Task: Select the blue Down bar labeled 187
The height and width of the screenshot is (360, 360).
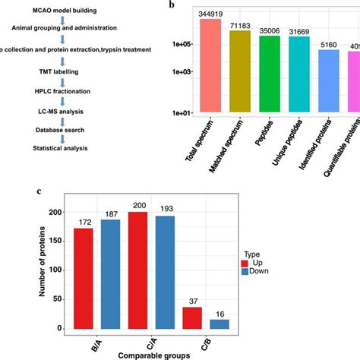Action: click(x=110, y=273)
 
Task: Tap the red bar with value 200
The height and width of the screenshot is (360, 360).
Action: click(x=138, y=270)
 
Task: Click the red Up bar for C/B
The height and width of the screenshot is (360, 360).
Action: click(x=193, y=317)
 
